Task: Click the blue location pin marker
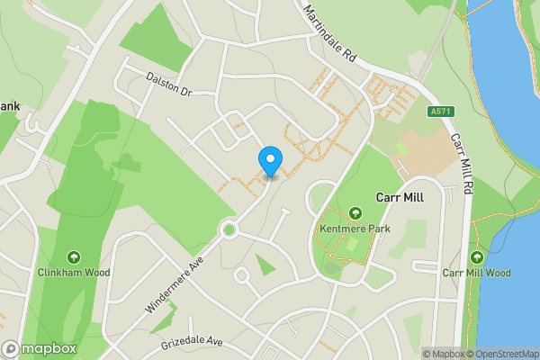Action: pyautogui.click(x=271, y=161)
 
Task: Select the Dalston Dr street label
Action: pyautogui.click(x=169, y=85)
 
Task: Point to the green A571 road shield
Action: pyautogui.click(x=440, y=112)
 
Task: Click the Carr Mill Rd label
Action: pyautogui.click(x=463, y=166)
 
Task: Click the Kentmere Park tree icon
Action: pyautogui.click(x=355, y=213)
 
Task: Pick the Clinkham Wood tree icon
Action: pyautogui.click(x=73, y=256)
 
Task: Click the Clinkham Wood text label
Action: pyautogui.click(x=73, y=271)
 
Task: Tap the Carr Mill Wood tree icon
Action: pyautogui.click(x=476, y=257)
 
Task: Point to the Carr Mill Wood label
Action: pyautogui.click(x=476, y=273)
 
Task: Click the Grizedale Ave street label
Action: pyautogui.click(x=191, y=343)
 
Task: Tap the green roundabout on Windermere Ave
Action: pyautogui.click(x=229, y=230)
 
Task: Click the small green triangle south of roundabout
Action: pyautogui.click(x=264, y=265)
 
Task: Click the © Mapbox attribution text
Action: pyautogui.click(x=447, y=353)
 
